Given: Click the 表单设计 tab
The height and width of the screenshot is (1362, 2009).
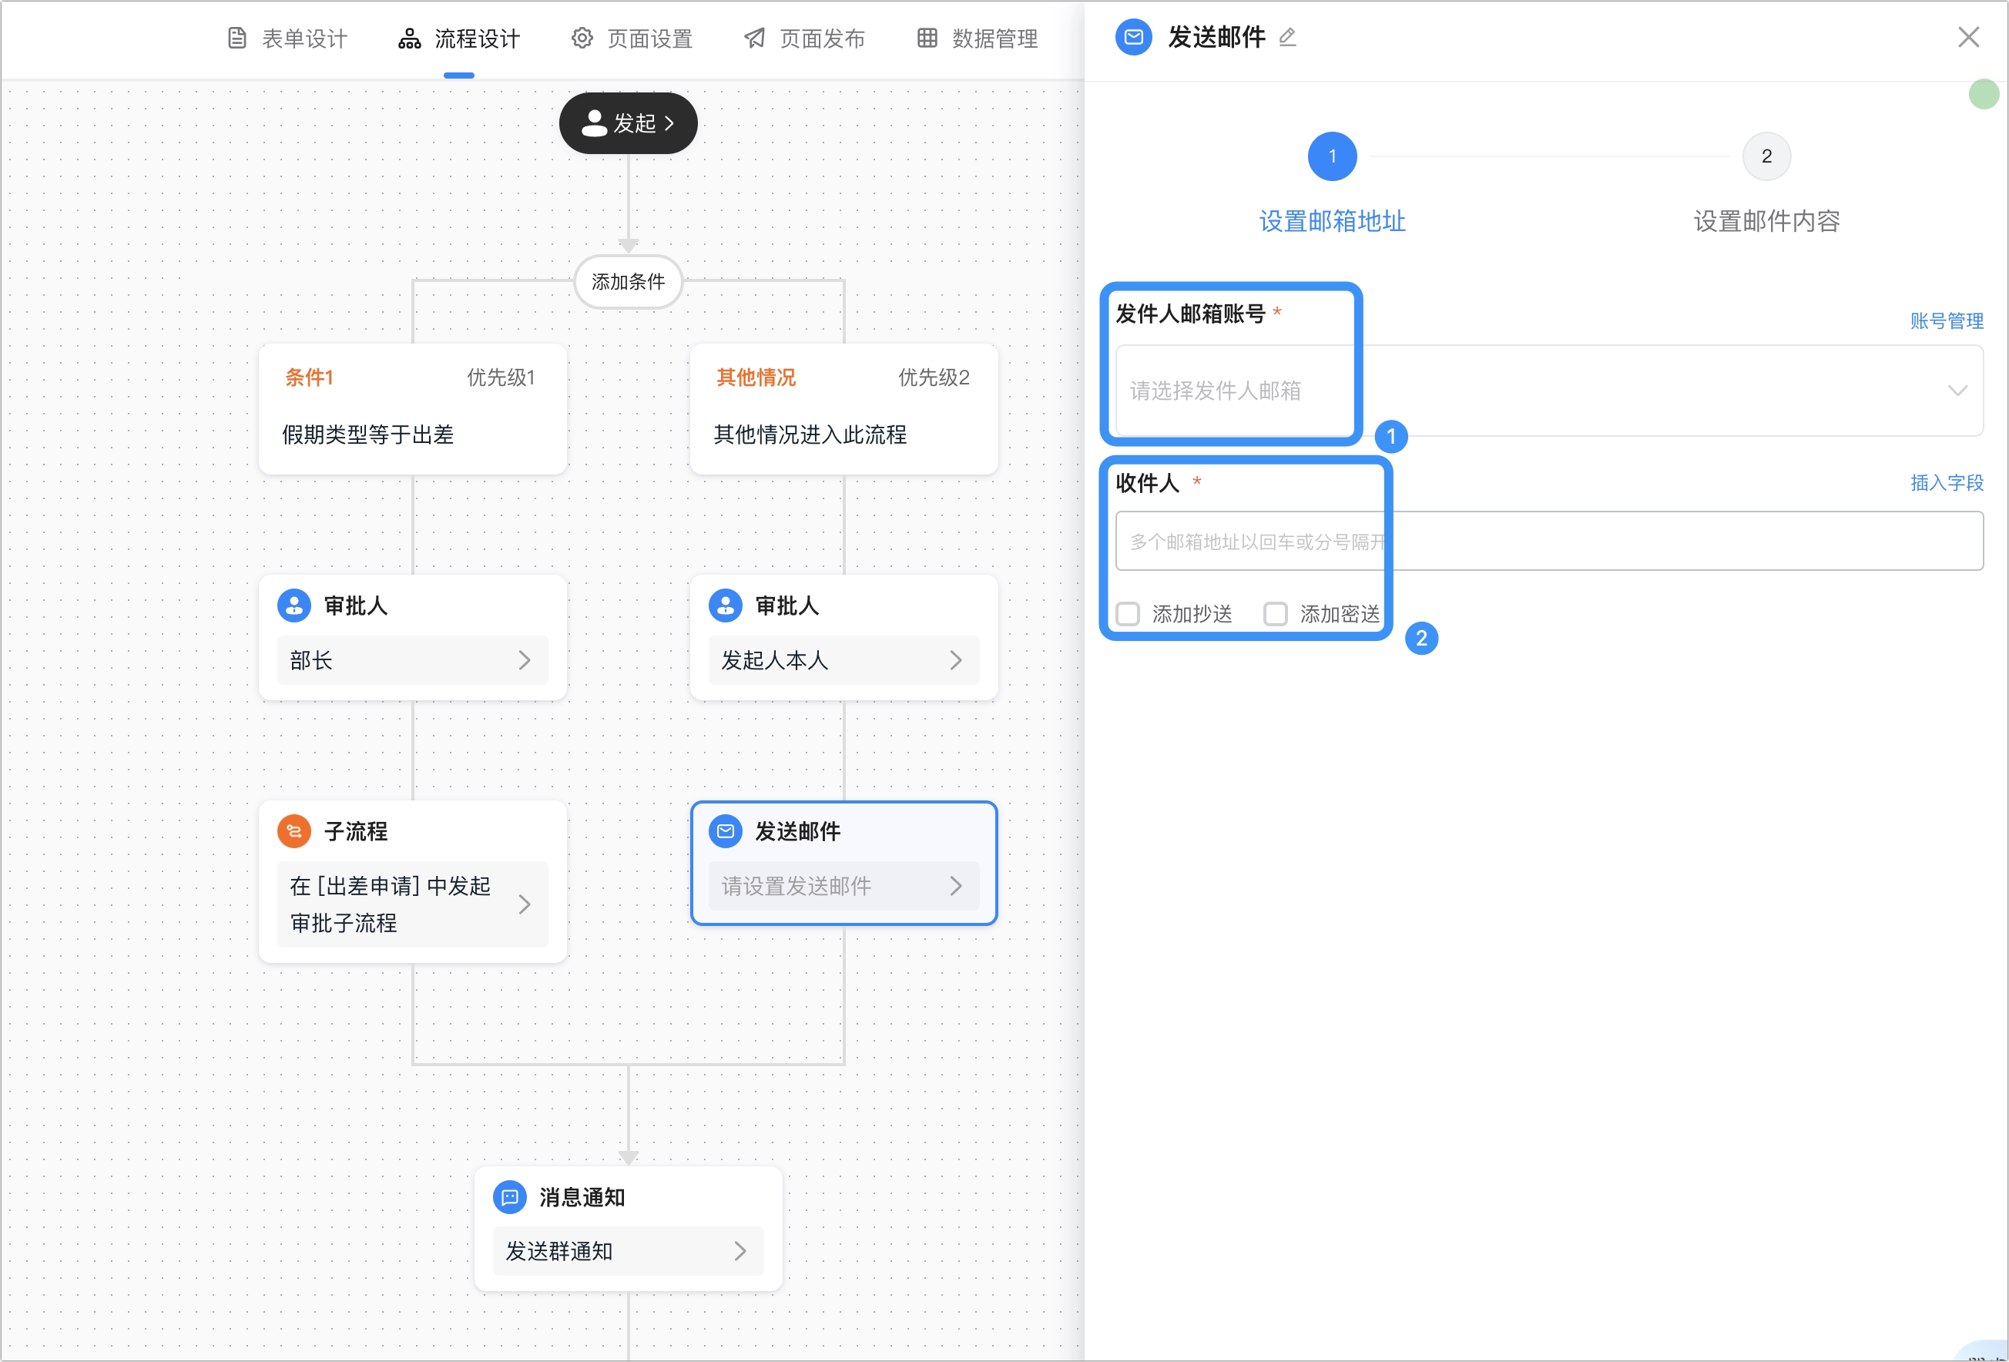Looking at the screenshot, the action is [x=287, y=38].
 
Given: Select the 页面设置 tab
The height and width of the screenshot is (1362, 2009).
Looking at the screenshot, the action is [x=632, y=38].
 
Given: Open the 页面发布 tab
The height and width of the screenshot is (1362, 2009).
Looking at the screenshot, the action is [x=805, y=38].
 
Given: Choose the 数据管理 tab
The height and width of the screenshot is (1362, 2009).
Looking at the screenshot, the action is [x=978, y=38].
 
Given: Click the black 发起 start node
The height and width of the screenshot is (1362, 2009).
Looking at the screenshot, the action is [x=629, y=122].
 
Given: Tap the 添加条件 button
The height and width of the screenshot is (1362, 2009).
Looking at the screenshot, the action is [x=629, y=281].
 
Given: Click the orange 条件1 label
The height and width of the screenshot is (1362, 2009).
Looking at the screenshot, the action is [x=309, y=377].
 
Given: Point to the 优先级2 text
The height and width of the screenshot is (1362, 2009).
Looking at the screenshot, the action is [x=934, y=377].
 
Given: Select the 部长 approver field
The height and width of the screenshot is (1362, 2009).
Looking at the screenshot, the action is [x=412, y=659].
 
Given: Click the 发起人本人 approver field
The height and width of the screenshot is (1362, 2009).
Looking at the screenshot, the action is [x=844, y=659].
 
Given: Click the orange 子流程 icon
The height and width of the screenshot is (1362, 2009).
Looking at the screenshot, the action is [x=294, y=831].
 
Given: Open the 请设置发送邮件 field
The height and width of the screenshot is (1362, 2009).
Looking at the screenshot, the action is [x=844, y=885].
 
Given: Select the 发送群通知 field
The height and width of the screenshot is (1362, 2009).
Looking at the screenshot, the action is [x=629, y=1250].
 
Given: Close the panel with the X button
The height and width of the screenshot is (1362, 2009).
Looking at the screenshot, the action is [x=1968, y=37].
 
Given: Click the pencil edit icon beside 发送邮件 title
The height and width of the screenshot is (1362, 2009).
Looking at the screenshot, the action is [x=1287, y=37].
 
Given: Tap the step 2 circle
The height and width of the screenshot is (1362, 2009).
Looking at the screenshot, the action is [x=1766, y=156].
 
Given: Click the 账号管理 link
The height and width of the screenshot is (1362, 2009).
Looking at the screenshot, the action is [x=1947, y=320].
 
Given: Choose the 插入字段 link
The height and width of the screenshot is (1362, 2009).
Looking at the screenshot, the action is [x=1947, y=482].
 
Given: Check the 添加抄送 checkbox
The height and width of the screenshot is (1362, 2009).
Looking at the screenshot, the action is [x=1127, y=614].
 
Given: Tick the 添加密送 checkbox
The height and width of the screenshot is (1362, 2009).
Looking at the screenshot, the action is [x=1275, y=614].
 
